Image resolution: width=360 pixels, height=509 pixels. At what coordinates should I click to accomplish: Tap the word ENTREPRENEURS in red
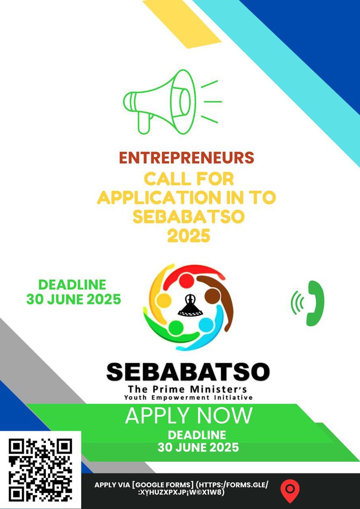click(187, 157)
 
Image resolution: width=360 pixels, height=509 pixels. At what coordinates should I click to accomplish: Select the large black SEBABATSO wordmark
click(188, 372)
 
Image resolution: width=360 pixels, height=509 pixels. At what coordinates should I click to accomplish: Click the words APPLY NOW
click(188, 416)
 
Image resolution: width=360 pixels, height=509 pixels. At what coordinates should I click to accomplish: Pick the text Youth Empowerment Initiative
click(188, 397)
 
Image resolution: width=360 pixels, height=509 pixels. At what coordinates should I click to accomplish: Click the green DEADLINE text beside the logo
click(72, 285)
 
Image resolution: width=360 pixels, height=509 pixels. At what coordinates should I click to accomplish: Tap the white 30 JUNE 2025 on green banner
click(198, 447)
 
